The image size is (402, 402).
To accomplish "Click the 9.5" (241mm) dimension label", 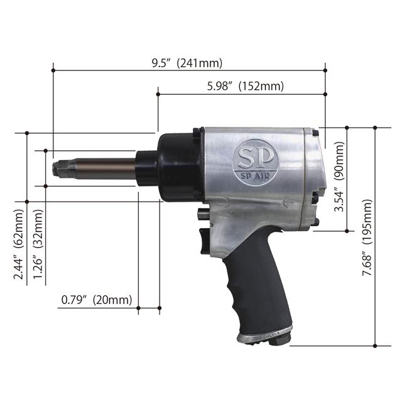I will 187,63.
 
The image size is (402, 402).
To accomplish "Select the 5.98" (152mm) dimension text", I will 245,86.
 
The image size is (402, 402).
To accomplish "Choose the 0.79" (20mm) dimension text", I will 97,300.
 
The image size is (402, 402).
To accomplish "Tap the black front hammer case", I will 179,166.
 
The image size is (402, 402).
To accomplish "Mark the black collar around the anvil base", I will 146,168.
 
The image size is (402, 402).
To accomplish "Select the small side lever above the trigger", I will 200,215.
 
